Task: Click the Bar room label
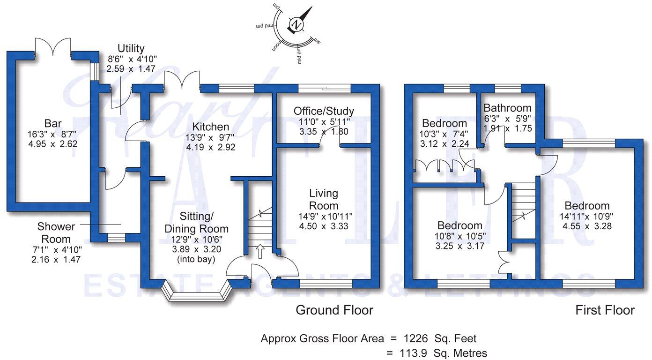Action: click(x=53, y=124)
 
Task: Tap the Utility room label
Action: click(x=131, y=48)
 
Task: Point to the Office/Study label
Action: click(x=324, y=111)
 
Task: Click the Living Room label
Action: click(x=324, y=199)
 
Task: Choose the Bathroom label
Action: click(x=507, y=108)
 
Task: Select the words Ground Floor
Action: click(x=334, y=310)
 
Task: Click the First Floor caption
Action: click(x=605, y=310)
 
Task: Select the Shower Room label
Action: click(x=56, y=233)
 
